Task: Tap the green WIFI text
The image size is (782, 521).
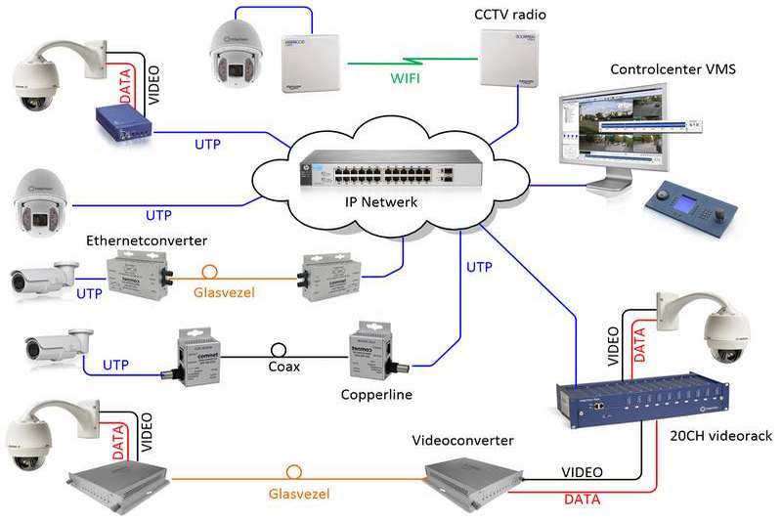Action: tap(405, 78)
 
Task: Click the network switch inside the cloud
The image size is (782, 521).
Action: tap(389, 172)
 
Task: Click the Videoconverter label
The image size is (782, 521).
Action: tap(462, 442)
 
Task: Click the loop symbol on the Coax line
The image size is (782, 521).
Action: tap(279, 348)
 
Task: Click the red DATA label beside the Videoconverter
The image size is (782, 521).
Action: tap(583, 499)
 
